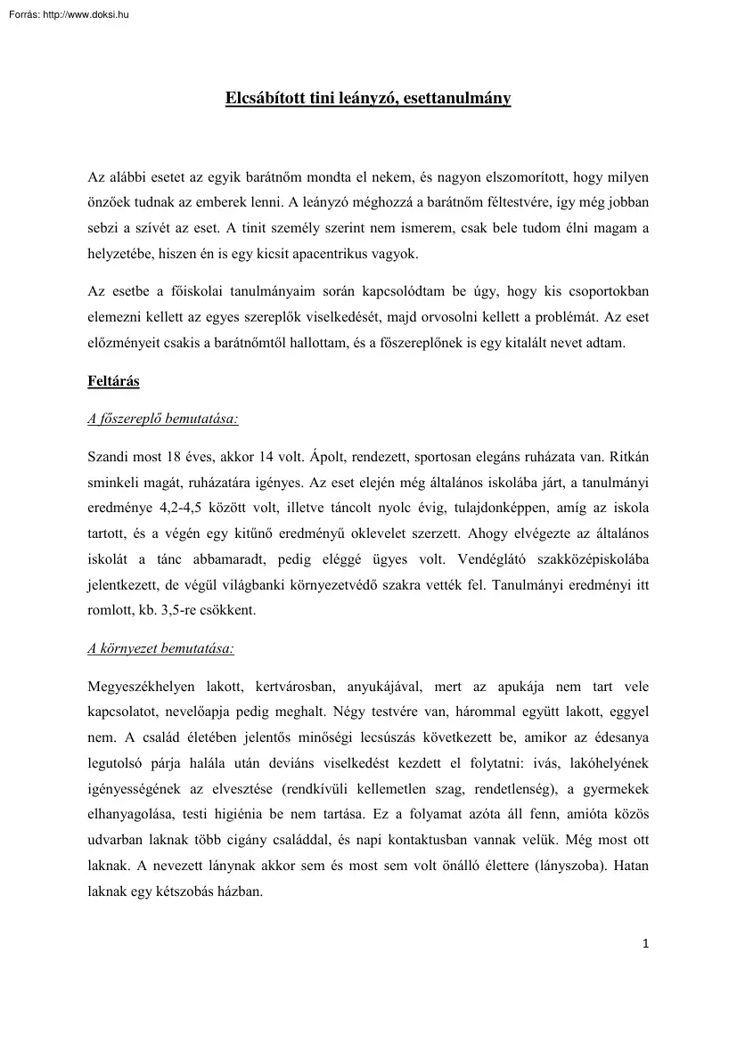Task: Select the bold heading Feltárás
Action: click(x=113, y=380)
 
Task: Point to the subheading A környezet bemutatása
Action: click(x=161, y=648)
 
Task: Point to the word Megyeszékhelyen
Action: click(x=143, y=688)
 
